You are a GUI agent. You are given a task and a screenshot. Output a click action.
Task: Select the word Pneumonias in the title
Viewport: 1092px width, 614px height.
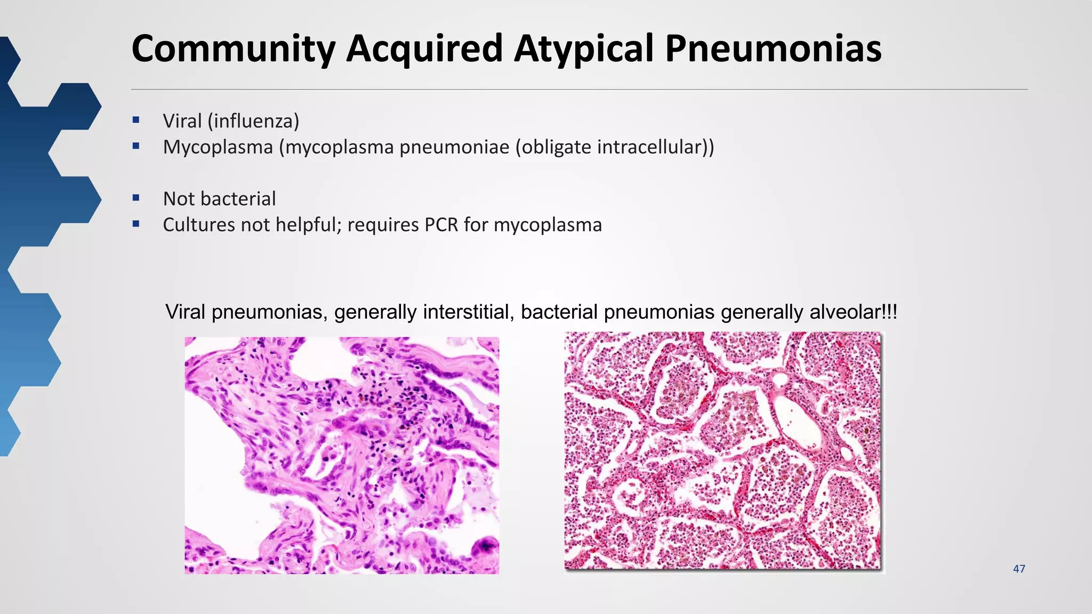point(773,49)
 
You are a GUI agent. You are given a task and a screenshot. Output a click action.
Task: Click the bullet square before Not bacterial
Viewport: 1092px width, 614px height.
point(136,198)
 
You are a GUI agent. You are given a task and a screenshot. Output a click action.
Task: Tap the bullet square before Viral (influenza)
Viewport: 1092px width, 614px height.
point(136,120)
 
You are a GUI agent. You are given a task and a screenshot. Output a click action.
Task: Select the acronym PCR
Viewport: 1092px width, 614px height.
point(441,225)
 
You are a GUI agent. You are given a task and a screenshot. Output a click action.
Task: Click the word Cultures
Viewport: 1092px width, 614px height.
point(199,225)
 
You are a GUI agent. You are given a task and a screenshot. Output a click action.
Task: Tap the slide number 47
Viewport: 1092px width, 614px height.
point(1019,569)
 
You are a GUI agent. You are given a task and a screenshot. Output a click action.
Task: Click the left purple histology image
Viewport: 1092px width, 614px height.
point(342,455)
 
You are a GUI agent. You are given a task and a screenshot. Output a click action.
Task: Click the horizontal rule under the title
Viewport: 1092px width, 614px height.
point(579,90)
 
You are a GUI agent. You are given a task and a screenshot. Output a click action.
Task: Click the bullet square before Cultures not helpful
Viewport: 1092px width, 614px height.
point(136,224)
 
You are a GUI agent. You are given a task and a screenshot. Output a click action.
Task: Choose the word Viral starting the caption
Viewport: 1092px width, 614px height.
point(185,312)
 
